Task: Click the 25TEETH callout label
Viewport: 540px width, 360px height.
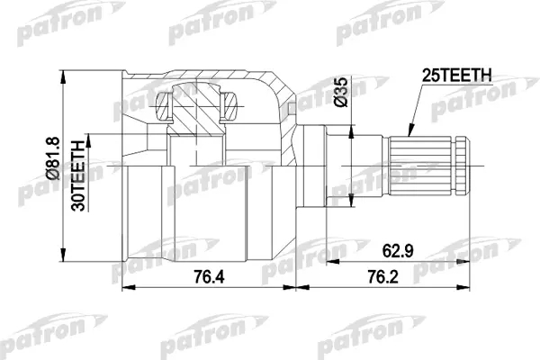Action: coord(457,76)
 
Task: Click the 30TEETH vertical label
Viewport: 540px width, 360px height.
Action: coord(77,175)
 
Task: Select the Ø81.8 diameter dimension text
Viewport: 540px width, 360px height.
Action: coord(53,158)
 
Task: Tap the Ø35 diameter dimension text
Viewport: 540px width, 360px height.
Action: coord(341,92)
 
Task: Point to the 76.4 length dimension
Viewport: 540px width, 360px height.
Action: coord(209,276)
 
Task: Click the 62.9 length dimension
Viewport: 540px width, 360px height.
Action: coord(398,251)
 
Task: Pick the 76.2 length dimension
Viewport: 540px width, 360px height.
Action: coord(383,276)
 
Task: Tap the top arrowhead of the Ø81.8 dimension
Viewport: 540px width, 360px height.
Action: coord(62,76)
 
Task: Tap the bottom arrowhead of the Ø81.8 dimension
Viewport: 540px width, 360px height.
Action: coord(62,256)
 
